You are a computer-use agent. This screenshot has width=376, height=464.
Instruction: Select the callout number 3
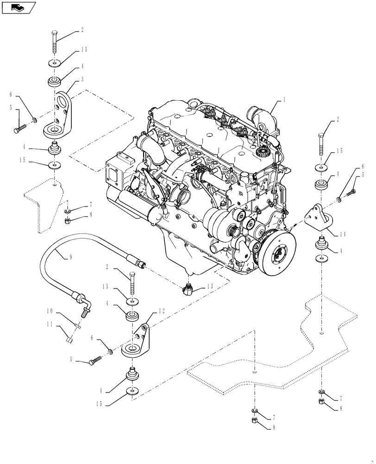click(x=82, y=80)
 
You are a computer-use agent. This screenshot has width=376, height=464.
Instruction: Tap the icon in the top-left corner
click(x=19, y=7)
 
